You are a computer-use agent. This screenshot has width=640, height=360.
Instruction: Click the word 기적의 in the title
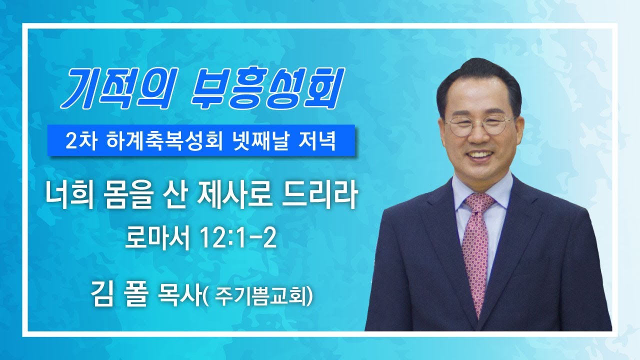[118, 88]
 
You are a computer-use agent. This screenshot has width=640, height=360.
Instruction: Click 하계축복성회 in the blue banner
[163, 141]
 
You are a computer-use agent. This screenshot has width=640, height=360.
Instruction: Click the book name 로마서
[157, 238]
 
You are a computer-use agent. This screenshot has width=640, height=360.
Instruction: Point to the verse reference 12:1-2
[238, 238]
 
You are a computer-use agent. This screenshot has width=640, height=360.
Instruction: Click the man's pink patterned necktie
[476, 251]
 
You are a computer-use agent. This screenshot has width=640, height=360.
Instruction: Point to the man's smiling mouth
[480, 154]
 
